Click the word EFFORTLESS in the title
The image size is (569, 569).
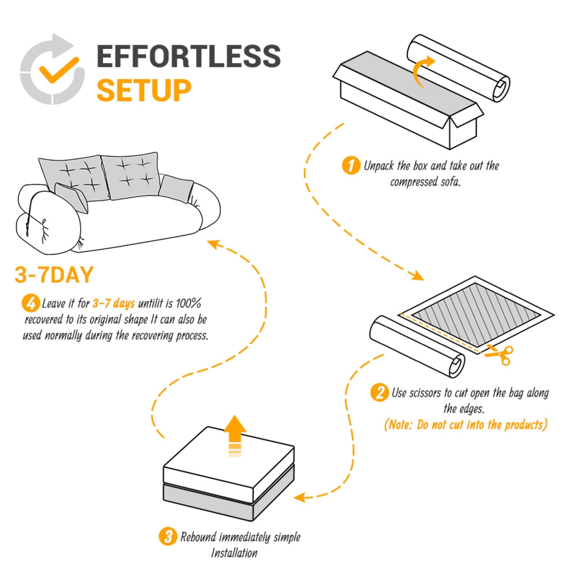coord(189,56)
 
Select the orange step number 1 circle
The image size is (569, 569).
coord(351,166)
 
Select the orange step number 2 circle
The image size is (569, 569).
coord(379,393)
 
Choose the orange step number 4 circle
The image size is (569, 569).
coord(31,303)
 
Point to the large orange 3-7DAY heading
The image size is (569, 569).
coord(54,275)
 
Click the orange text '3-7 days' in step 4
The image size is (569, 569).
coord(114,303)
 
